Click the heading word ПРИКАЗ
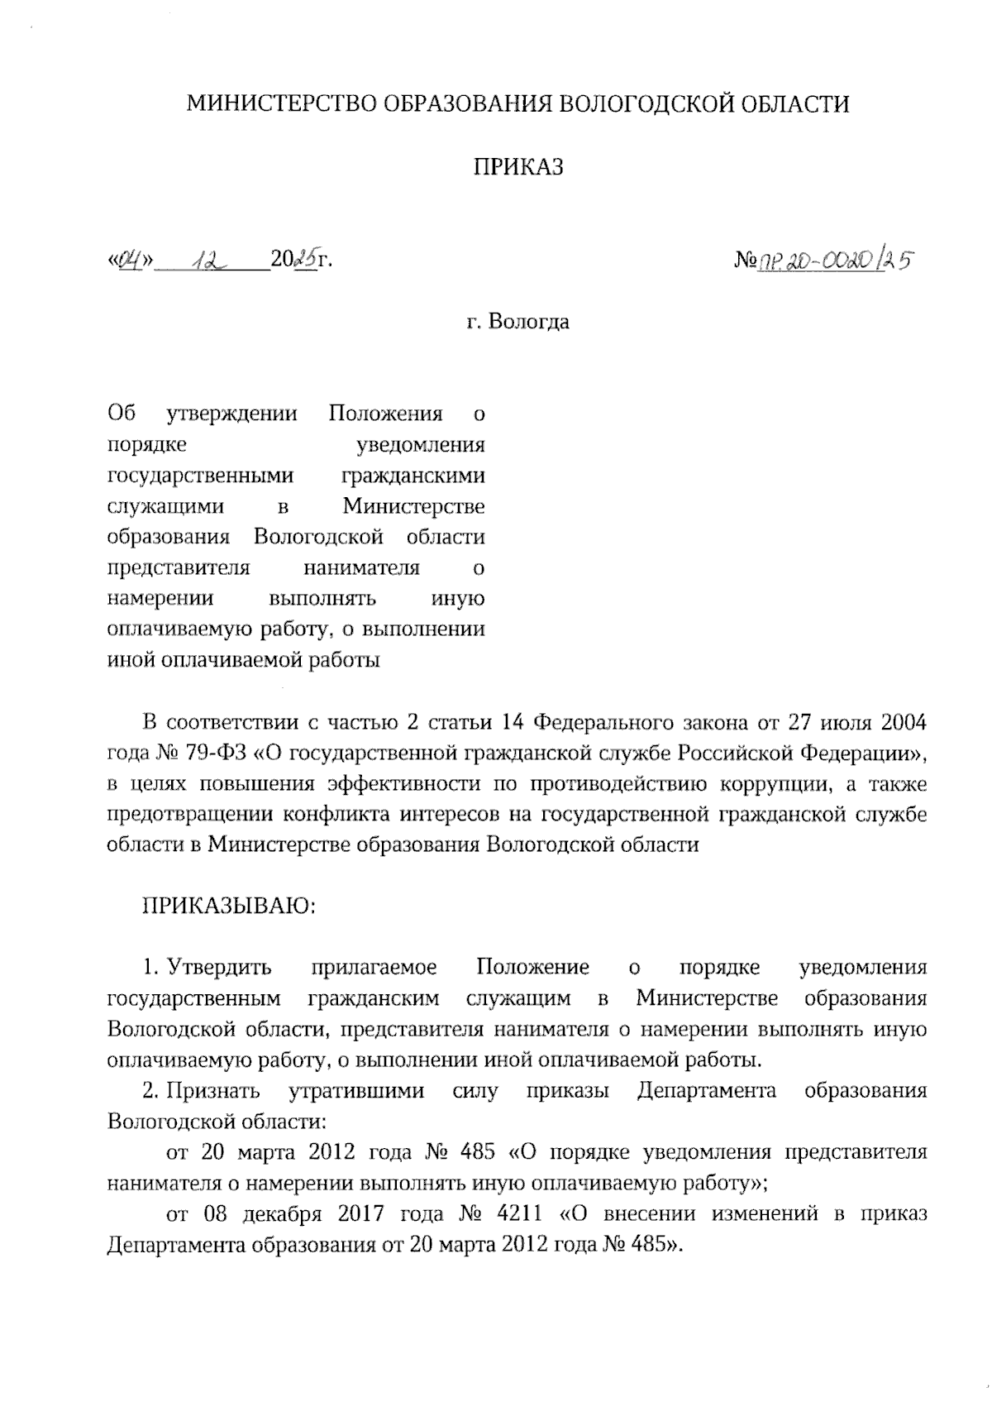517,167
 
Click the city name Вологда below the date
528,321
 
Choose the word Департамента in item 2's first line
707,1091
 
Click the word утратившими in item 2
356,1091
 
